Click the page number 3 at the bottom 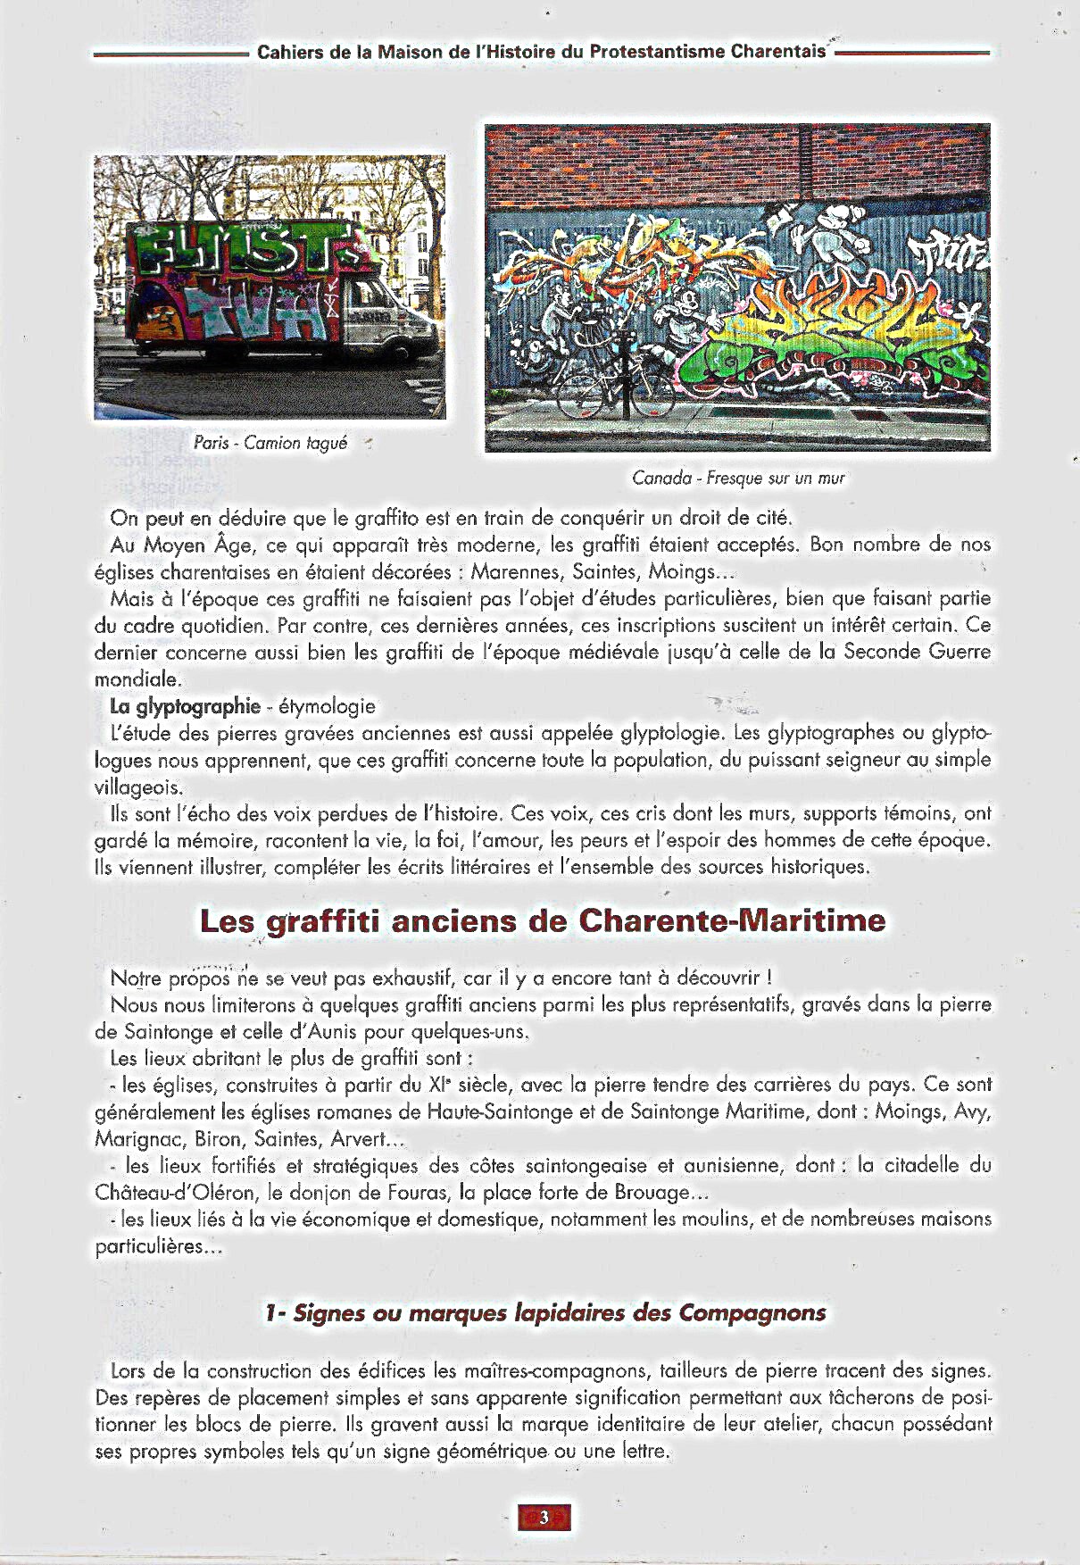544,1517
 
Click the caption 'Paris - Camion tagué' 270,443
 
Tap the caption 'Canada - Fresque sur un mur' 738,478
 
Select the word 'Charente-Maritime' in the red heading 732,920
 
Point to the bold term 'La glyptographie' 185,706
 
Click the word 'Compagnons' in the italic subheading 752,1312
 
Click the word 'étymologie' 327,706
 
